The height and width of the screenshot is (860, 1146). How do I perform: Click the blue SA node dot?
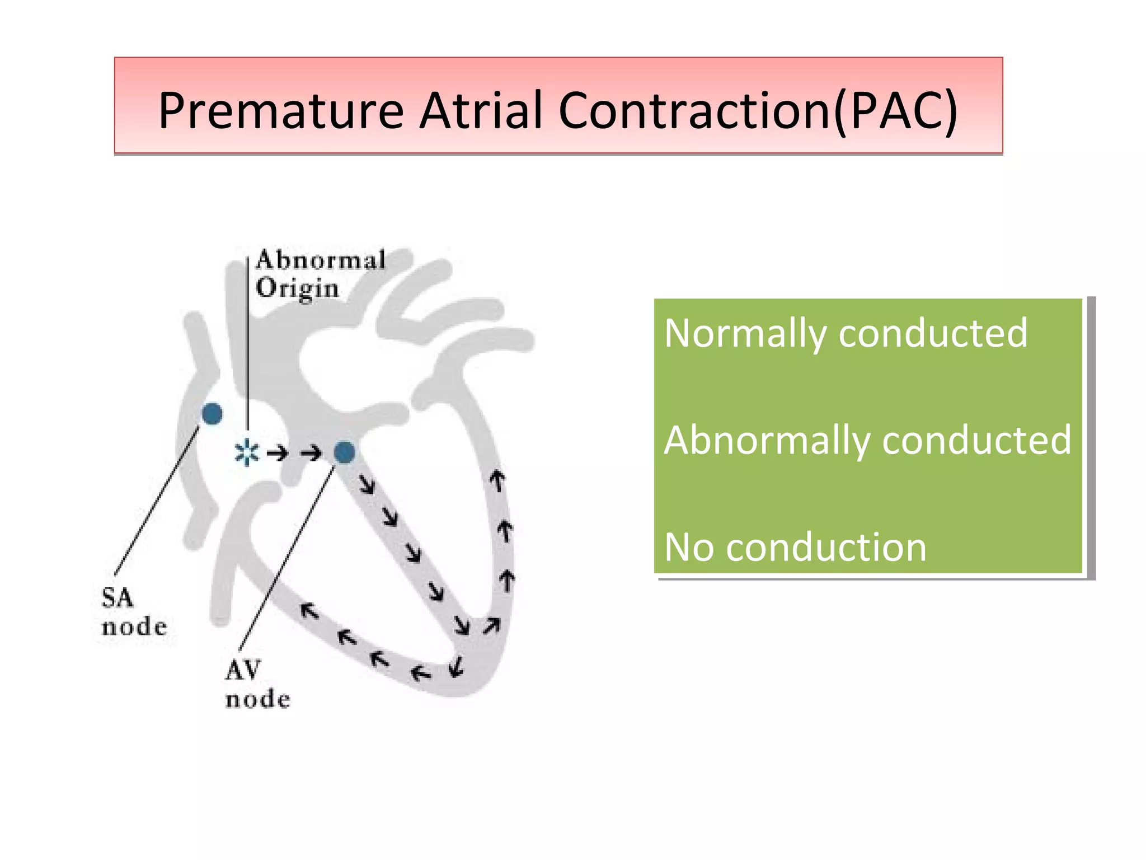(212, 414)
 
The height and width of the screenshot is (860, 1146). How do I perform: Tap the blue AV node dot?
(344, 452)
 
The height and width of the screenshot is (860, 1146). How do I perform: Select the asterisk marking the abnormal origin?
(247, 453)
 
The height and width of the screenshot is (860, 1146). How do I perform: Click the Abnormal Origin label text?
(319, 274)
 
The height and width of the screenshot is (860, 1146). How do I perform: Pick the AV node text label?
(257, 684)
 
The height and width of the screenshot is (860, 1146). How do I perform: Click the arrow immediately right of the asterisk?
(278, 453)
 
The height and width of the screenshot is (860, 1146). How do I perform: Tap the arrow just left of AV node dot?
(312, 453)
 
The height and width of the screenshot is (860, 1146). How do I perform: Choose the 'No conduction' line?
(795, 547)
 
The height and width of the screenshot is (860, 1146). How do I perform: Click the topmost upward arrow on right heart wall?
(497, 480)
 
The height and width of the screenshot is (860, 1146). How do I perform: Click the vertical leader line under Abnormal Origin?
(247, 347)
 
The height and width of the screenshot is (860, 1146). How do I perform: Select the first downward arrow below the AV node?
(367, 484)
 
